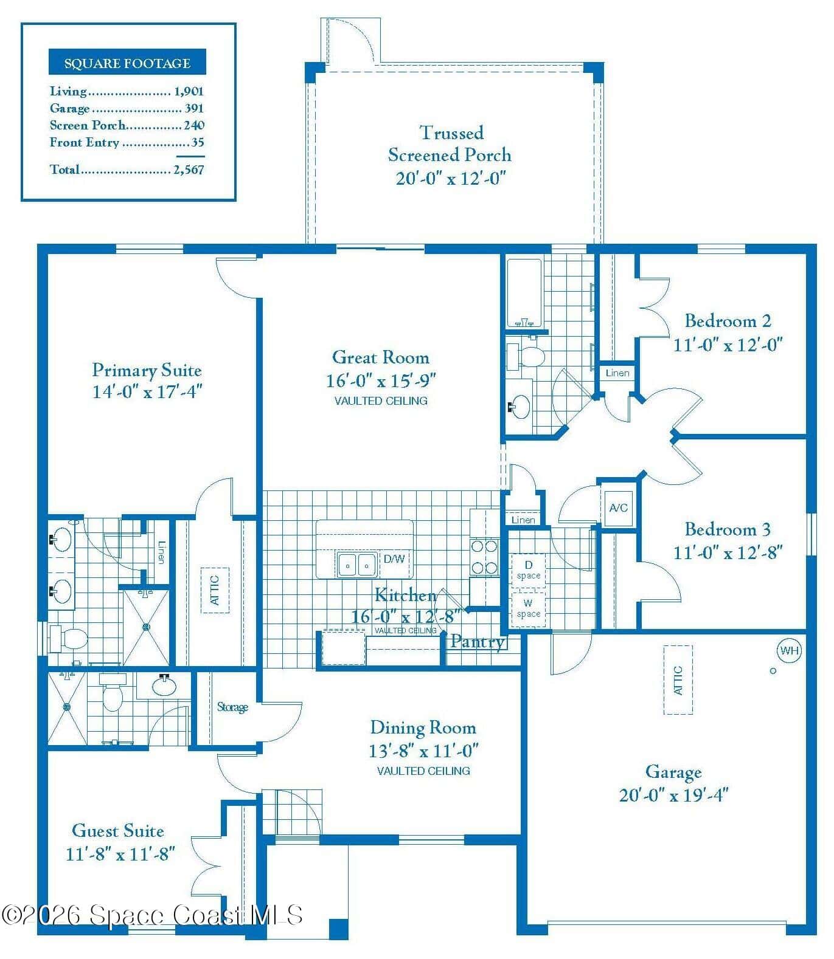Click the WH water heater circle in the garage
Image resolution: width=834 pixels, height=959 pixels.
[x=789, y=651]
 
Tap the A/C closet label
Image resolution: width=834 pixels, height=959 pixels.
[x=618, y=507]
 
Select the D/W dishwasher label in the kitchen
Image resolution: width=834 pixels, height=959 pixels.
[x=394, y=559]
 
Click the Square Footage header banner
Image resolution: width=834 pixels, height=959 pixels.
[x=127, y=63]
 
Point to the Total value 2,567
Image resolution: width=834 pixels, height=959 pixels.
[x=189, y=170]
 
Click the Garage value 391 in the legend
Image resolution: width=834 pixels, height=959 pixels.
[x=195, y=108]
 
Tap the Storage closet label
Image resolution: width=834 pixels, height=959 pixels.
[x=233, y=707]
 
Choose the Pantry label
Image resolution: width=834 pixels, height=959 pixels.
[x=478, y=641]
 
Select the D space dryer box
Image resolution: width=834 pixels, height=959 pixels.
[x=528, y=570]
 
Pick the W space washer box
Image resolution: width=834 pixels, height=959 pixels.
[x=528, y=608]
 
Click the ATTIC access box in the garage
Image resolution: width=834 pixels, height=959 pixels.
[x=678, y=679]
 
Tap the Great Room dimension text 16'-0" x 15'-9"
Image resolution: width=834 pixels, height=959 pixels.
[x=381, y=381]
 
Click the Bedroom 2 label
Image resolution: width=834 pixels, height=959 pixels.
[x=728, y=320]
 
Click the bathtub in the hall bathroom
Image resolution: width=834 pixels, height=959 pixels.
[x=524, y=294]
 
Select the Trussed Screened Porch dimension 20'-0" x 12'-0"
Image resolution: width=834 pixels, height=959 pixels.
[x=451, y=178]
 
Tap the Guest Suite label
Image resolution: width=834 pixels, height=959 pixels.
[x=118, y=831]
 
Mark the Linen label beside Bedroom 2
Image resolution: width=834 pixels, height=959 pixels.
[x=617, y=373]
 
